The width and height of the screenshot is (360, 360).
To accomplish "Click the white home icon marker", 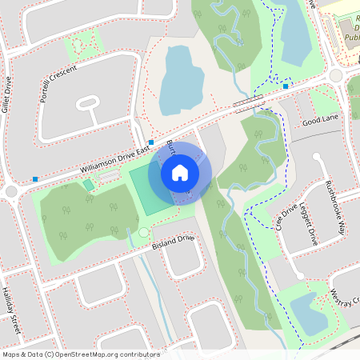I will pyautogui.click(x=180, y=172).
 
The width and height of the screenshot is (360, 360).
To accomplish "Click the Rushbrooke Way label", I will pyautogui.click(x=336, y=206).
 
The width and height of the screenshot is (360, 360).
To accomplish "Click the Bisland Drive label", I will pyautogui.click(x=174, y=242).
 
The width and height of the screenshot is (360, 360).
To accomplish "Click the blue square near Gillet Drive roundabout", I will pyautogui.click(x=34, y=178).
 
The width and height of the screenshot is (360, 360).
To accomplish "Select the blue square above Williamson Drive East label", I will pyautogui.click(x=151, y=142).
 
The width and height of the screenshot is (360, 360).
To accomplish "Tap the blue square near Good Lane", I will pyautogui.click(x=286, y=86).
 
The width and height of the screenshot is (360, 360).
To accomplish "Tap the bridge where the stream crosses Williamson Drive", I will pyautogui.click(x=248, y=102).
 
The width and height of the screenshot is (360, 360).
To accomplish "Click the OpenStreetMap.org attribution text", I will pyautogui.click(x=109, y=354).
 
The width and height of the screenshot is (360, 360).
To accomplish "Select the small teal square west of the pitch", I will pyautogui.click(x=88, y=185).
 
